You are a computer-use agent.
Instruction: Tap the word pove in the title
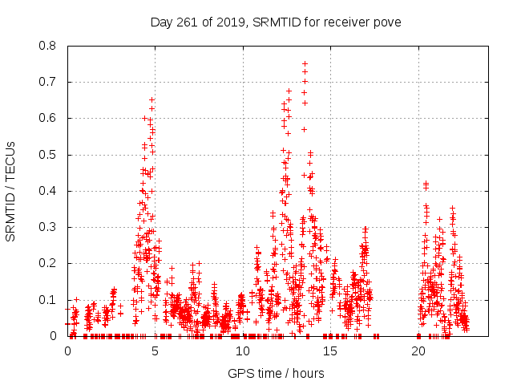point(386,21)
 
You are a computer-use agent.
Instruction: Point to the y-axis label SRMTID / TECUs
point(11,191)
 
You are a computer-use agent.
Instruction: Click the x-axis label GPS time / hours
point(276,373)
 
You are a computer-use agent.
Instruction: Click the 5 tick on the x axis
point(156,351)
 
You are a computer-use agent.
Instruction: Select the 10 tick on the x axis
point(243,351)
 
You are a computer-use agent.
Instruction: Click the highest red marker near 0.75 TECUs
point(305,63)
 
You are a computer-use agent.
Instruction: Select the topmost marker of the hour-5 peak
point(151,99)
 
